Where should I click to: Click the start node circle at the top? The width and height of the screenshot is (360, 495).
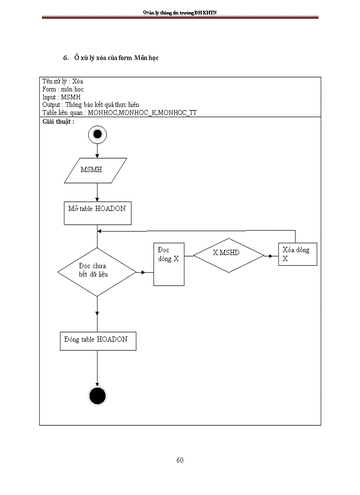[97, 134]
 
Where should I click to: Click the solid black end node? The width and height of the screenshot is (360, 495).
[97, 396]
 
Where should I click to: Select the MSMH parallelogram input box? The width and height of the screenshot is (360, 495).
[96, 170]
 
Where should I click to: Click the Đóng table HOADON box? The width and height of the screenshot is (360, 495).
[97, 341]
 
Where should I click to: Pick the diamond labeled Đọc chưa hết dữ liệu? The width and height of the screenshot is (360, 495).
[97, 272]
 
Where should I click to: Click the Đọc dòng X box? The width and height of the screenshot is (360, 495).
[169, 264]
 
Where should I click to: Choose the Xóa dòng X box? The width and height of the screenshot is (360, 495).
[297, 254]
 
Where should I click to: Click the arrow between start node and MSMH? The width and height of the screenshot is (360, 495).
[97, 151]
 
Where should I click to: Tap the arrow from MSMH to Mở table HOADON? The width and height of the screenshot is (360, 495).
[97, 193]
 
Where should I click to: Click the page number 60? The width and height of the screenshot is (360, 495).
[180, 460]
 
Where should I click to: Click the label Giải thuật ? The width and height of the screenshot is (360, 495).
[58, 122]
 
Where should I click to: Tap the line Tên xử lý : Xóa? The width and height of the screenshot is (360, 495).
[63, 81]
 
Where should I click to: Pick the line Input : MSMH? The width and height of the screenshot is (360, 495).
[61, 97]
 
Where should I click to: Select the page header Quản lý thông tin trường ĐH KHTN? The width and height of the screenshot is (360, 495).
[180, 13]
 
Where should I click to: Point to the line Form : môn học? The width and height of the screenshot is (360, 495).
[63, 89]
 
